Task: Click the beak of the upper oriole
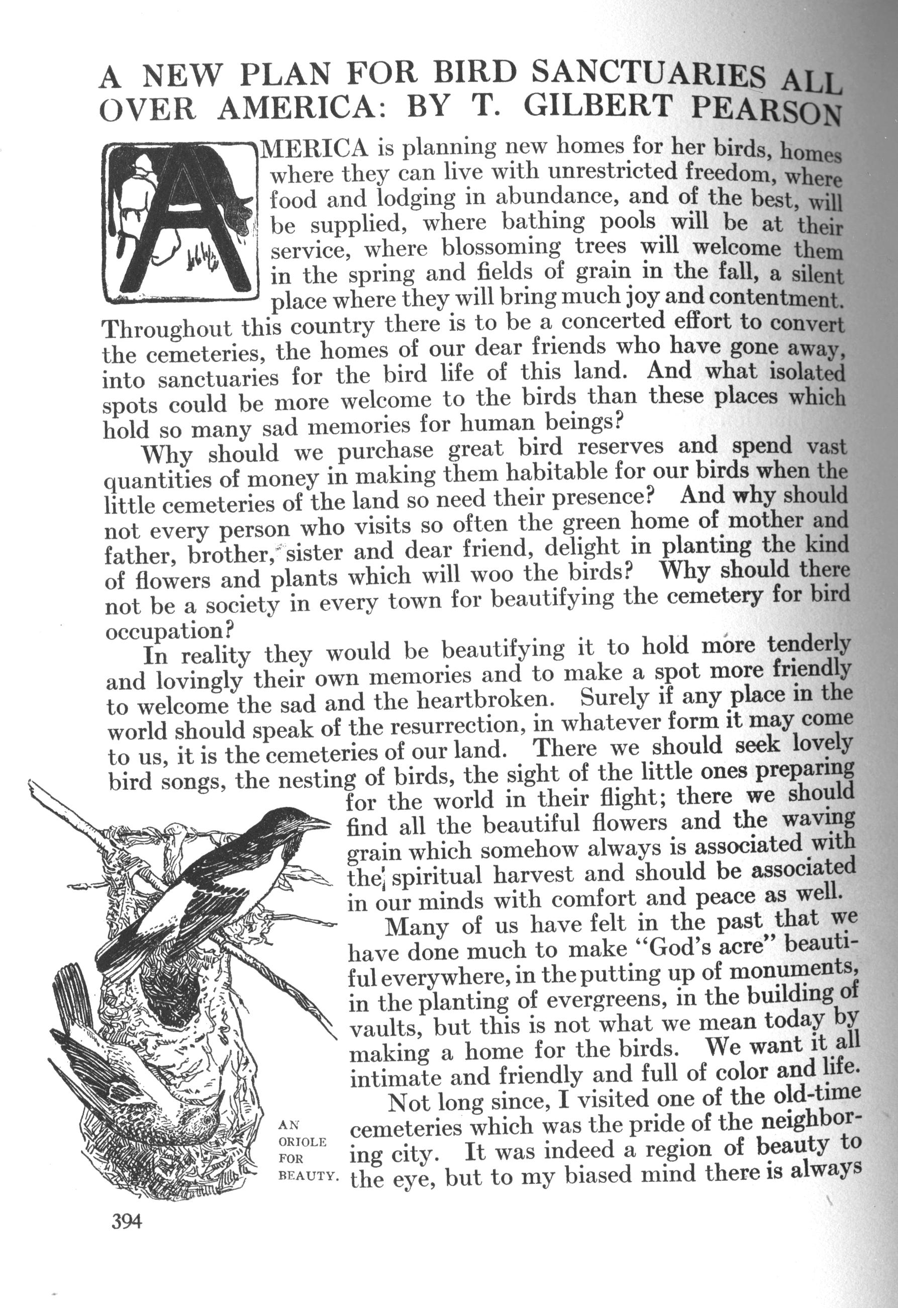319,824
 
